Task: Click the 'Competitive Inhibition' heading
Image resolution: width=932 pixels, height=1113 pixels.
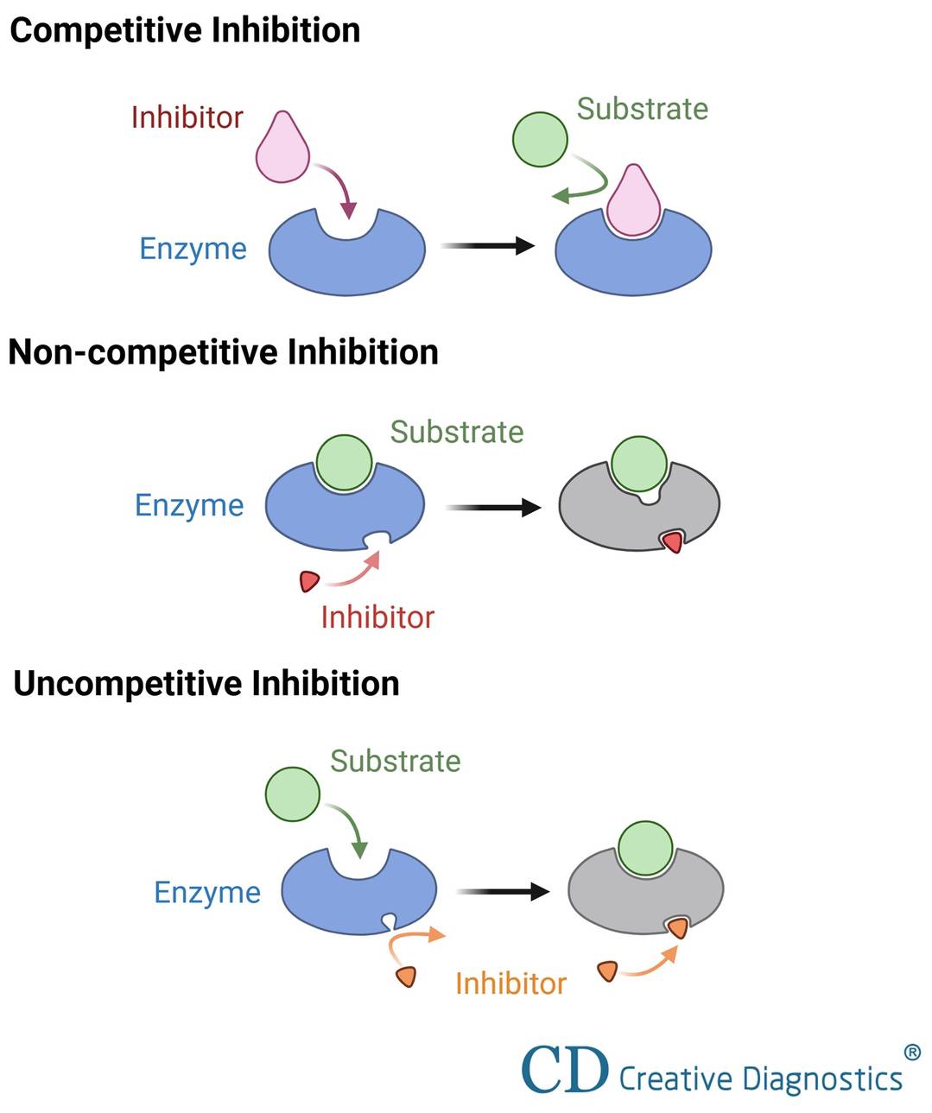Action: click(185, 31)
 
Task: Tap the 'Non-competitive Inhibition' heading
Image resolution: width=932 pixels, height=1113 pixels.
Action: click(223, 352)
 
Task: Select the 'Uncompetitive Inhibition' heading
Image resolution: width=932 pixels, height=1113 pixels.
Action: click(206, 684)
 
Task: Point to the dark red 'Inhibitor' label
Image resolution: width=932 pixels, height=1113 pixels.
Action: click(187, 117)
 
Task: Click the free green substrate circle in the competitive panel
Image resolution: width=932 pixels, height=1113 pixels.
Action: click(540, 139)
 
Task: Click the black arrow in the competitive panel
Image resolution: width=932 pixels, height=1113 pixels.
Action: click(488, 246)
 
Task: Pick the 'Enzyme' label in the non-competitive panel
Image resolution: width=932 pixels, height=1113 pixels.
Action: click(189, 505)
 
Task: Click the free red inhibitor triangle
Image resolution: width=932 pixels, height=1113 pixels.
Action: click(309, 581)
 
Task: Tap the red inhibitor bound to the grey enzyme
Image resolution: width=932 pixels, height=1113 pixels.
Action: click(672, 541)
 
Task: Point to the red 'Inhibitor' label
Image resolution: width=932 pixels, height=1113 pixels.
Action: click(377, 617)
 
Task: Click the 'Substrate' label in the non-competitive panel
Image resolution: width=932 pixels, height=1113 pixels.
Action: click(457, 432)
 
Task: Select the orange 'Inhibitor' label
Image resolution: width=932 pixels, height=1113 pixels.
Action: click(510, 983)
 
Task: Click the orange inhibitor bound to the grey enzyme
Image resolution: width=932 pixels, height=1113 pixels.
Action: click(679, 928)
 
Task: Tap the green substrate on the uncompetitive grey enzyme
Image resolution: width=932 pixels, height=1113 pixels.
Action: click(645, 847)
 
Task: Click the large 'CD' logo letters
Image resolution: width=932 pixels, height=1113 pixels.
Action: click(565, 1071)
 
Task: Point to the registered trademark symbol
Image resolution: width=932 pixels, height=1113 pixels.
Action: click(912, 1052)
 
